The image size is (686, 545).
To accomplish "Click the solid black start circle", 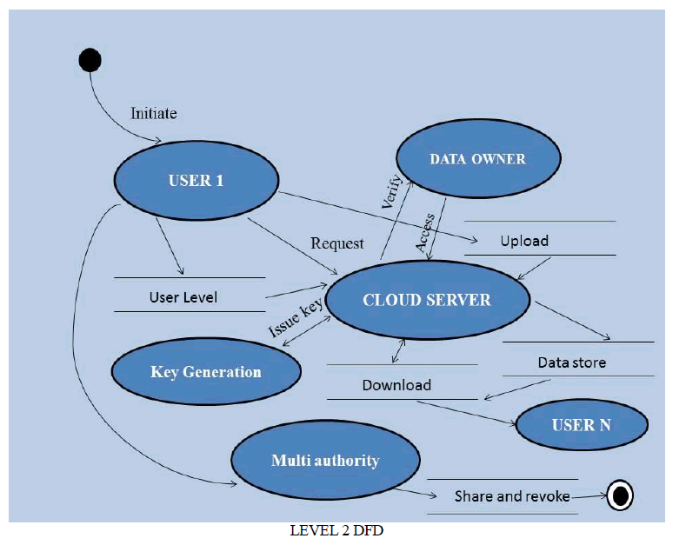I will (x=90, y=60).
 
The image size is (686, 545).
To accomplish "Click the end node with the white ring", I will (x=620, y=495).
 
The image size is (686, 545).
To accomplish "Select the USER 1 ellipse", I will (x=196, y=181).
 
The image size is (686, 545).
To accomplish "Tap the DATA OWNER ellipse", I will (x=477, y=159).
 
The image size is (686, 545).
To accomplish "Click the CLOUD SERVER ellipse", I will (x=427, y=300).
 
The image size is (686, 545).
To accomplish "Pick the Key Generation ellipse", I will (x=206, y=372).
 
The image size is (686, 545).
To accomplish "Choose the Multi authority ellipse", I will (x=325, y=460).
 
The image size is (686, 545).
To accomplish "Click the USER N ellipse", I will (x=581, y=426).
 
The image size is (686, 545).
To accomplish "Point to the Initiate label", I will (x=154, y=113).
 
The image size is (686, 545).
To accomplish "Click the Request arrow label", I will (x=337, y=243).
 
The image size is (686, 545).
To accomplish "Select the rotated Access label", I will (x=426, y=232).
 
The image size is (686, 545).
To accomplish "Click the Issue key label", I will (x=296, y=318).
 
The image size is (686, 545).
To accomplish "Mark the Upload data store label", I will (x=524, y=241).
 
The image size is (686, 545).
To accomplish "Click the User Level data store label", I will (x=183, y=297).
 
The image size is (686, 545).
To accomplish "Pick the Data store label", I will (x=571, y=362).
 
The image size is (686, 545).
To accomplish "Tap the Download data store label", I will (x=396, y=385).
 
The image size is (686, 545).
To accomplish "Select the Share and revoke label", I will (x=512, y=496).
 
